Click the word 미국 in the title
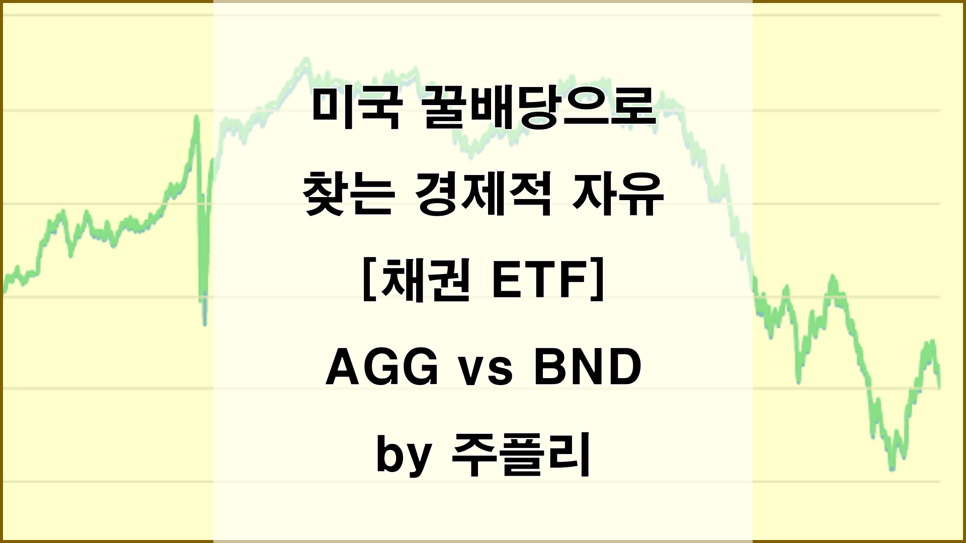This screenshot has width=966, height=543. point(356,109)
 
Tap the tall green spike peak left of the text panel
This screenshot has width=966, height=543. point(196,117)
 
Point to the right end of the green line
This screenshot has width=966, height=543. point(939,386)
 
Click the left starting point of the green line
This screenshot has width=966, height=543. point(4,291)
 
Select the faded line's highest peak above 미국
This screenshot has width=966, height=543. point(304,61)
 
